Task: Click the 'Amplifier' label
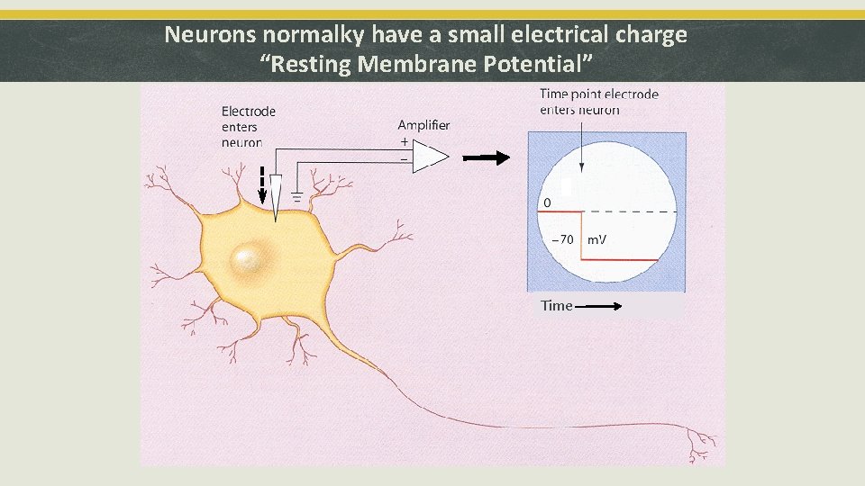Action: [x=423, y=125]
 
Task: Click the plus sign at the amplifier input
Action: [x=404, y=142]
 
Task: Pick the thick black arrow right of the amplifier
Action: [x=486, y=157]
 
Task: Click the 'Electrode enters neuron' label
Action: [x=248, y=127]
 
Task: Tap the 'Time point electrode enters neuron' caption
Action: [x=598, y=102]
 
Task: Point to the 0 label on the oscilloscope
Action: [x=547, y=203]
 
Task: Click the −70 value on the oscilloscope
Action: [x=561, y=240]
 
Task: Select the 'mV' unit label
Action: [x=596, y=240]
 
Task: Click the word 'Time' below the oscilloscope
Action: [x=556, y=306]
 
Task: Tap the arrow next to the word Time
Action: [x=597, y=306]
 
